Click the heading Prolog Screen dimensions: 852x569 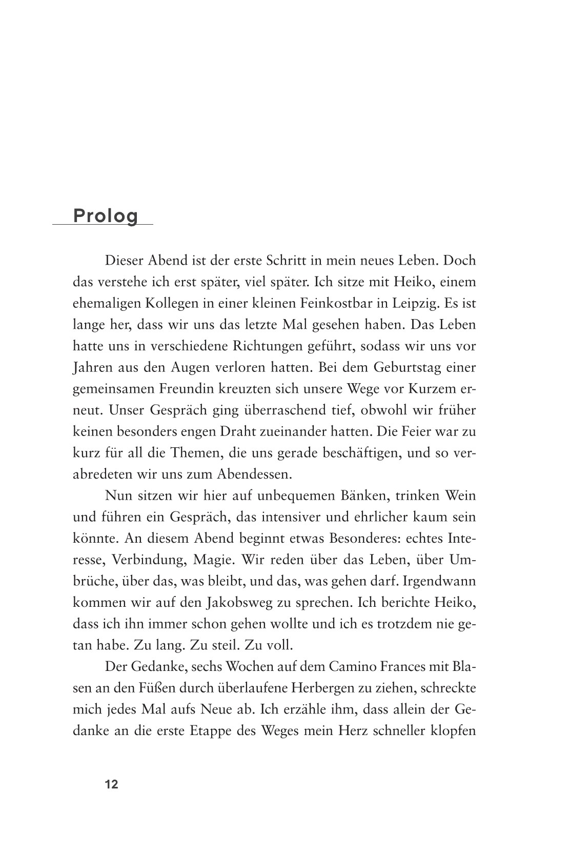106,216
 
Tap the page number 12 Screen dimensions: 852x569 111,784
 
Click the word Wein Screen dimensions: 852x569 461,497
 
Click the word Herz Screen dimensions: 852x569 353,732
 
